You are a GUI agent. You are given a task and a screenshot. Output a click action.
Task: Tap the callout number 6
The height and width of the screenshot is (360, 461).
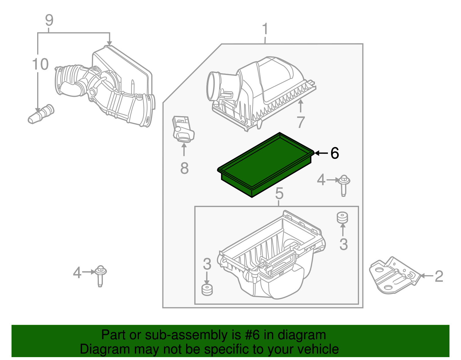[x=335, y=153]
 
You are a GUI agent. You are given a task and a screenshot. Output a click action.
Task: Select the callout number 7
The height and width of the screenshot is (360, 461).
[x=301, y=122]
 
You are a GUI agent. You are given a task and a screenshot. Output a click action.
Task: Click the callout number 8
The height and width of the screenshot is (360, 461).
[x=184, y=168]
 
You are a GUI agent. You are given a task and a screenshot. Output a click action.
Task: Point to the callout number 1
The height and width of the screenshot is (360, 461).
[x=265, y=29]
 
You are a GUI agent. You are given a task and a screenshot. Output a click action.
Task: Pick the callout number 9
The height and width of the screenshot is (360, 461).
[x=49, y=20]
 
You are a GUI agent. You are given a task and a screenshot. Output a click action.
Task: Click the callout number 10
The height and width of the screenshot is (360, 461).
[x=40, y=64]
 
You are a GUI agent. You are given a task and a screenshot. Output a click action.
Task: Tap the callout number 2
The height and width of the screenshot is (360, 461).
[x=439, y=276]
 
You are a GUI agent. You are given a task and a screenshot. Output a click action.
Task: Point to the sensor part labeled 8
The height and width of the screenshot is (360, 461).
[x=183, y=129]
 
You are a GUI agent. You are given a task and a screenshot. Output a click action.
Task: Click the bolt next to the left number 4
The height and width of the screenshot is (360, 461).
[x=100, y=275]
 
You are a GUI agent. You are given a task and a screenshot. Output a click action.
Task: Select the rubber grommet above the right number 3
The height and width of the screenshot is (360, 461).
[x=342, y=218]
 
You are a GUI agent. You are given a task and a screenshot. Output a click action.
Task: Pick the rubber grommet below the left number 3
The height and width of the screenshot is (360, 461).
[x=207, y=290]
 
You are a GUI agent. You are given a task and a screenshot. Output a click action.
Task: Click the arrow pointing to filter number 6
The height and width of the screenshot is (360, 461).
[x=321, y=153]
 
